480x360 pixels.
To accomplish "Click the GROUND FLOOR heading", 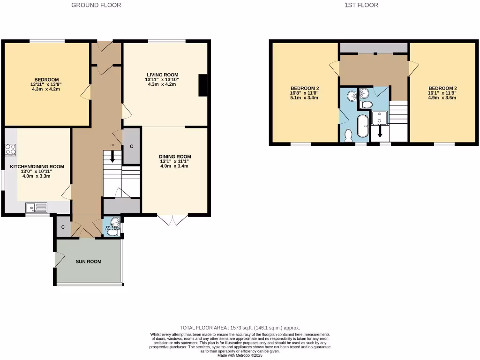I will click(x=96, y=5).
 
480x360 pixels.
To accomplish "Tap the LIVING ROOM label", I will click(x=162, y=75).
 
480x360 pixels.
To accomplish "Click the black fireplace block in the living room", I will click(x=202, y=85).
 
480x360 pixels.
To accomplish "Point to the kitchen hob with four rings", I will click(x=10, y=150).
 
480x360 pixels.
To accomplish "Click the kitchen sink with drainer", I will click(x=37, y=206).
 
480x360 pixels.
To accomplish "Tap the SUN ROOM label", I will click(x=89, y=262).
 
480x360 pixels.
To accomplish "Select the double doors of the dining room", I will click(x=172, y=219).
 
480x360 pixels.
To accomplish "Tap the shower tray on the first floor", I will click(x=379, y=118).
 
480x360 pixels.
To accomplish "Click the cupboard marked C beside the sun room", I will click(x=63, y=227).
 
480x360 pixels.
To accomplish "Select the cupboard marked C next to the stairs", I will click(x=131, y=147).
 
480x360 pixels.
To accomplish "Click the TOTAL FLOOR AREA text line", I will click(x=240, y=328).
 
